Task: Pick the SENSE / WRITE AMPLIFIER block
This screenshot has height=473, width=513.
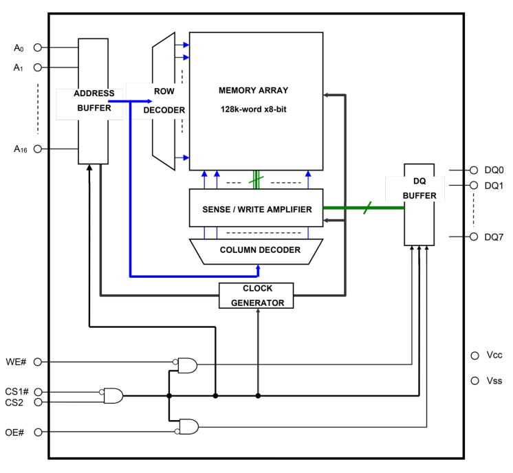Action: [x=256, y=210]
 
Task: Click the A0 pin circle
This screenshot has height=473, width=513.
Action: [x=39, y=49]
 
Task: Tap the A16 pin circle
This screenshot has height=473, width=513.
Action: [x=39, y=148]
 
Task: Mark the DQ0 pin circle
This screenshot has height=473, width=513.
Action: [x=474, y=170]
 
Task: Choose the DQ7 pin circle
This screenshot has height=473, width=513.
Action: [x=474, y=236]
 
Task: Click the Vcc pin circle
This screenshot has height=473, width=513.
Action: [x=474, y=355]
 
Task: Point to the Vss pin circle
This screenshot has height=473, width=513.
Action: [x=474, y=380]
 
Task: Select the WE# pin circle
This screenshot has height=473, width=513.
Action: [x=39, y=361]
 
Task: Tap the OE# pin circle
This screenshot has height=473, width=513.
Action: [x=39, y=432]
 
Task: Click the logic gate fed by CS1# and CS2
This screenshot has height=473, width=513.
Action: [x=113, y=395]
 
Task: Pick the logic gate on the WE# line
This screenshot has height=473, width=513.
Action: [x=186, y=366]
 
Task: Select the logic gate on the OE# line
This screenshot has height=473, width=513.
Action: [x=188, y=427]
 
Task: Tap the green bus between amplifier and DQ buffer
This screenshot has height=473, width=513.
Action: [x=358, y=209]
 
